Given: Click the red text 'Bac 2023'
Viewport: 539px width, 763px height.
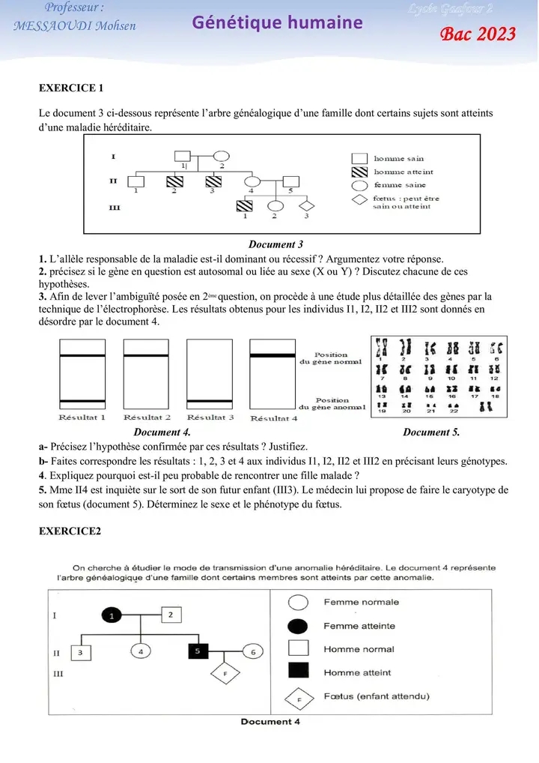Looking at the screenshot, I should pyautogui.click(x=479, y=34).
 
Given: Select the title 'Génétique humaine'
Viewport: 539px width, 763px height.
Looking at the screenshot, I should pyautogui.click(x=278, y=22).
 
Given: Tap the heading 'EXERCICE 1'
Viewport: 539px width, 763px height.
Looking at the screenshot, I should pyautogui.click(x=71, y=88).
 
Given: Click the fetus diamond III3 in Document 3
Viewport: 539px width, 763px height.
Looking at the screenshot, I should pyautogui.click(x=305, y=205).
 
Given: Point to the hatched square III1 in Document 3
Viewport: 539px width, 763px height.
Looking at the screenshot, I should pyautogui.click(x=244, y=205).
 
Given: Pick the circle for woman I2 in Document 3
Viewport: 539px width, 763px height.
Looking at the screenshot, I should pyautogui.click(x=222, y=157).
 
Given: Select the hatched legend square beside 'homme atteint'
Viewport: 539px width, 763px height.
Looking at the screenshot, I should pyautogui.click(x=359, y=172).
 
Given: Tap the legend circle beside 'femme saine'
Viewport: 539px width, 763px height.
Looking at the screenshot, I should pyautogui.click(x=359, y=185).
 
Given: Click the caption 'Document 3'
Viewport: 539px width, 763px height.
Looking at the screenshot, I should pyautogui.click(x=275, y=244).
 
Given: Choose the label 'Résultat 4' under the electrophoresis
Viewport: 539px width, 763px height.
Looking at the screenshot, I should pyautogui.click(x=273, y=418).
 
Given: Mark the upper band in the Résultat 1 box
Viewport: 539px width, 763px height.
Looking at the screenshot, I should pyautogui.click(x=82, y=357).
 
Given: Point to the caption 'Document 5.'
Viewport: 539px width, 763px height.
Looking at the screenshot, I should pyautogui.click(x=431, y=432).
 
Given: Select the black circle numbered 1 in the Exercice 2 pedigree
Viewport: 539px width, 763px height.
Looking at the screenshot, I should pyautogui.click(x=112, y=615).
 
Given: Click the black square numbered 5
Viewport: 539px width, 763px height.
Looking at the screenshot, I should pyautogui.click(x=198, y=652).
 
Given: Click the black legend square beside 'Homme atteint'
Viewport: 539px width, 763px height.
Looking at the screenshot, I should pyautogui.click(x=299, y=672).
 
